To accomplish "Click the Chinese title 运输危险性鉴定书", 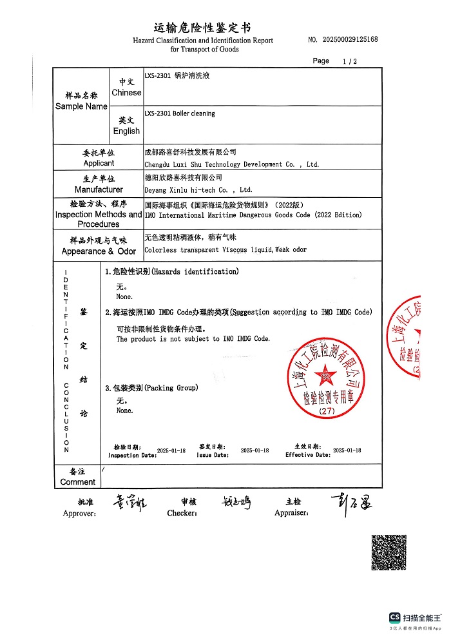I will (x=202, y=28).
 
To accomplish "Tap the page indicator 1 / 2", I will (x=350, y=62).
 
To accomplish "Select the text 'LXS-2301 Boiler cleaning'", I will (x=180, y=113).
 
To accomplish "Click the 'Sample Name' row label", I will (x=81, y=106).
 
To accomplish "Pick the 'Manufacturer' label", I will (x=99, y=189).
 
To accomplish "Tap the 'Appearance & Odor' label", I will (x=99, y=251).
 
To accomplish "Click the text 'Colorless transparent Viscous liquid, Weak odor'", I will (x=225, y=250).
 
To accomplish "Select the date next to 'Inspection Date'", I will (x=171, y=451).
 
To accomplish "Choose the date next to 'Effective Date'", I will (x=347, y=451).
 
